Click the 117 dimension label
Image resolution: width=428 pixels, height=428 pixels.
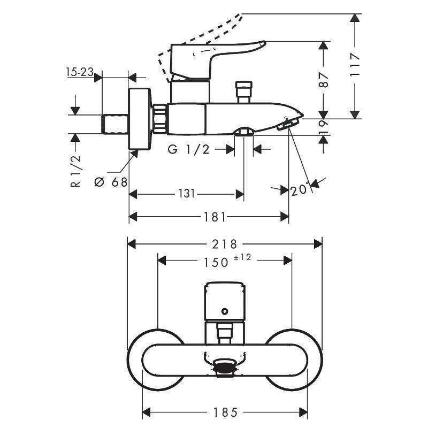(355, 65)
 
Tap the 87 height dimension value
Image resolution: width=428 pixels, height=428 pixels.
(324, 80)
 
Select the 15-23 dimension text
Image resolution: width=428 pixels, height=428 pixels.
(80, 72)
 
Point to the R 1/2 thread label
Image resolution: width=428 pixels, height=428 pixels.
(75, 171)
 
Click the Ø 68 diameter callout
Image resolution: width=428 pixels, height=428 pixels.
(111, 182)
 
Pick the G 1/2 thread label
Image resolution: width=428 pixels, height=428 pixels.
(189, 149)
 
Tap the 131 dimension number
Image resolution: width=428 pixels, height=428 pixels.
(187, 194)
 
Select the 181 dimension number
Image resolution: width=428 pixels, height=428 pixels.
(215, 217)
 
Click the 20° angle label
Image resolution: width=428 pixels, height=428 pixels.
(300, 190)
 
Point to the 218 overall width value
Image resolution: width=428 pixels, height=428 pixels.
(225, 244)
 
